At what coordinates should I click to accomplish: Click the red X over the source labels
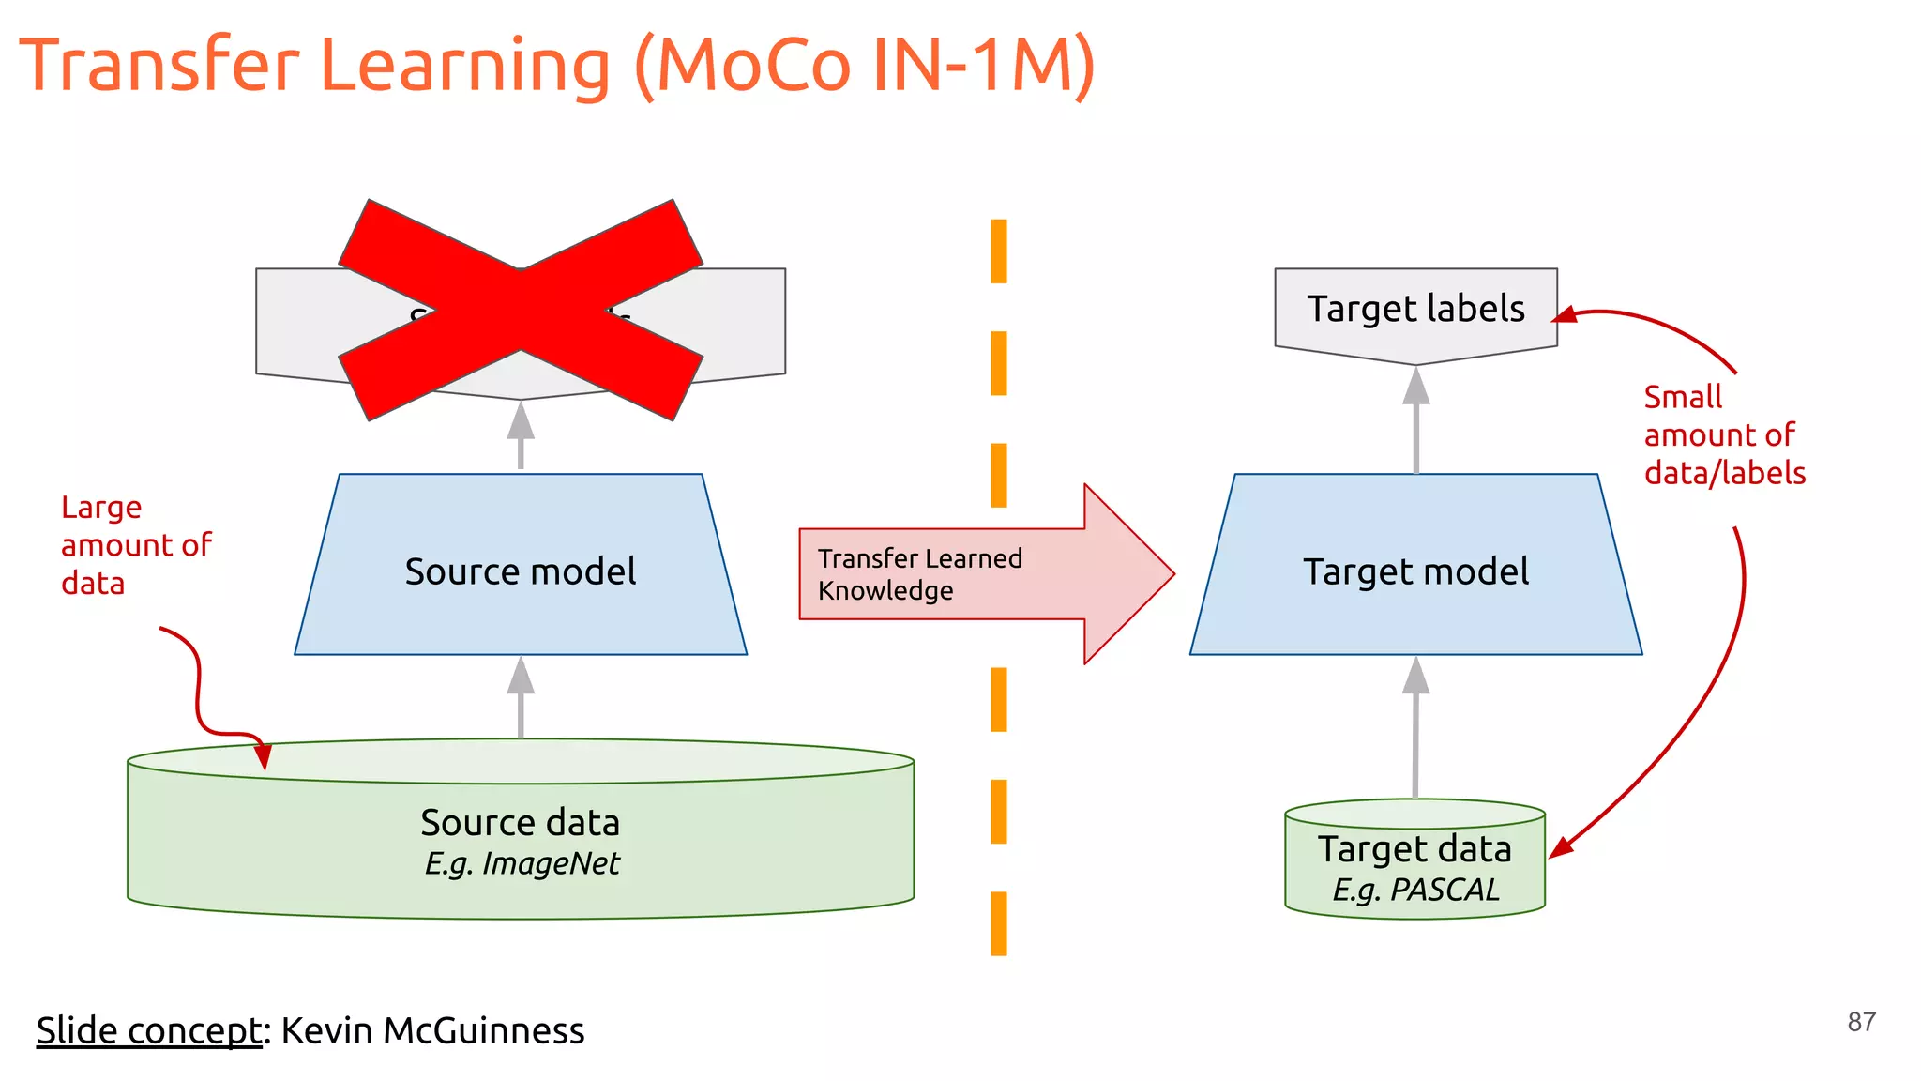[x=521, y=310]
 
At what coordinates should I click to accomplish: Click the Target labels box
[x=1415, y=310]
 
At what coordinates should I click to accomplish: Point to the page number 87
[x=1861, y=1022]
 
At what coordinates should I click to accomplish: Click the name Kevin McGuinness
[x=432, y=1030]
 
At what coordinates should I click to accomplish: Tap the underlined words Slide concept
[x=149, y=1030]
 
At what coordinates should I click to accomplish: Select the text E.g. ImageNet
[x=522, y=863]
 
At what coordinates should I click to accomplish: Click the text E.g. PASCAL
[x=1415, y=889]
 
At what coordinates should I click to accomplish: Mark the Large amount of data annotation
[x=136, y=545]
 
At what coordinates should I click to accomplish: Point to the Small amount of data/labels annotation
[x=1723, y=435]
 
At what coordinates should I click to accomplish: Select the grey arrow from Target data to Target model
[x=1415, y=727]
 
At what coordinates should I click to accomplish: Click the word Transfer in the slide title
[x=159, y=66]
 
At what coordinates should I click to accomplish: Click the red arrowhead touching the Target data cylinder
[x=1560, y=847]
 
